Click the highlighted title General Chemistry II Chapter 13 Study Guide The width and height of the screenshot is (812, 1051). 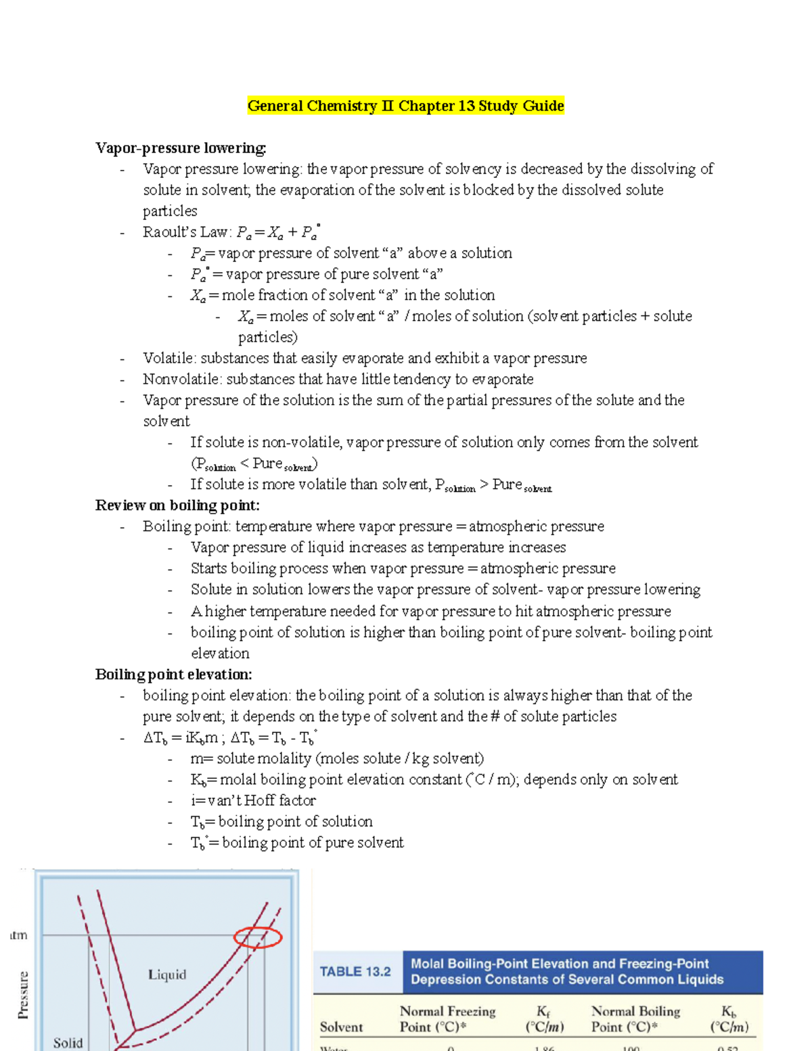click(x=405, y=106)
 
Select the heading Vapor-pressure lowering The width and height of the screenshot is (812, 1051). click(x=181, y=148)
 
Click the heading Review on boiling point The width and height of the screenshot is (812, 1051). click(x=177, y=505)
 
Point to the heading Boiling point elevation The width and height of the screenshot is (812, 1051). click(x=174, y=674)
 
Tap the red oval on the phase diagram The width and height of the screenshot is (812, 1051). click(x=258, y=937)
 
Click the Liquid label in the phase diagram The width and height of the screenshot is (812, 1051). click(x=167, y=975)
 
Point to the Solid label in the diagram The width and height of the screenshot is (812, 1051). click(x=68, y=1043)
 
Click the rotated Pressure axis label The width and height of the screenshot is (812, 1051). click(x=23, y=995)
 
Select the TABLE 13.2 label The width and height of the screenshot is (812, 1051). click(x=355, y=972)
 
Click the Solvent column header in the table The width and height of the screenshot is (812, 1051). click(x=341, y=1027)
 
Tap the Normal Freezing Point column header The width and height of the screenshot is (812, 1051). click(x=447, y=1019)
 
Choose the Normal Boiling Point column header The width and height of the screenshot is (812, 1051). click(x=635, y=1019)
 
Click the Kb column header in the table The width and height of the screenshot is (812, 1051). click(x=729, y=1019)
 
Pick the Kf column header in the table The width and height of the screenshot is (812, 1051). click(x=544, y=1019)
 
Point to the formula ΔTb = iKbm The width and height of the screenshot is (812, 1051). click(x=181, y=738)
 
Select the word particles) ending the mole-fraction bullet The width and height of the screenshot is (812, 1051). click(x=267, y=337)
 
